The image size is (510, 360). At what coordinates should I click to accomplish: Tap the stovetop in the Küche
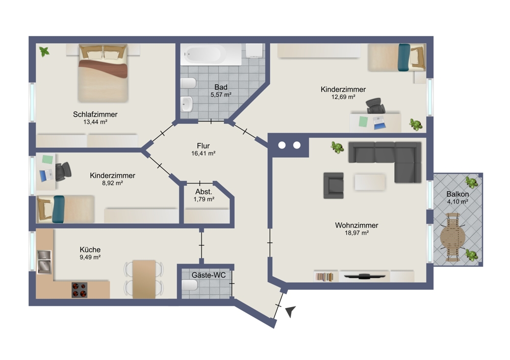(x=80, y=290)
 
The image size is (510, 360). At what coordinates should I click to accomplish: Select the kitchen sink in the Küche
(x=44, y=262)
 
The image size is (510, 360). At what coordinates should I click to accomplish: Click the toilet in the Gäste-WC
(x=190, y=285)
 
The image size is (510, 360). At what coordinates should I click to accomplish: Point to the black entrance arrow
(x=291, y=311)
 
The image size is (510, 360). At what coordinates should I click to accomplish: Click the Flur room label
(x=203, y=146)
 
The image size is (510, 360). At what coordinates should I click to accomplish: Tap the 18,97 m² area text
(x=356, y=233)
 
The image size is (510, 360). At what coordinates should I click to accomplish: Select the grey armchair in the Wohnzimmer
(x=334, y=186)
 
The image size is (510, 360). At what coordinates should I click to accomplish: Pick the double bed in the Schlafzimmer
(x=103, y=73)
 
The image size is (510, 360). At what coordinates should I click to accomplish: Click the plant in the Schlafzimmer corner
(x=44, y=52)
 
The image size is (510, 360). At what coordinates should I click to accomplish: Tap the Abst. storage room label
(x=203, y=192)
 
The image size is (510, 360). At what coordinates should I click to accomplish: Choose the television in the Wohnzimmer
(x=364, y=277)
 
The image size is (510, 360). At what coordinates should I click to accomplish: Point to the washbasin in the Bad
(x=187, y=104)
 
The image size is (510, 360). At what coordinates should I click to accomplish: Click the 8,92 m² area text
(x=113, y=183)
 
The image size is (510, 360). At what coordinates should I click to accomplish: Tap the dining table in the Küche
(x=144, y=279)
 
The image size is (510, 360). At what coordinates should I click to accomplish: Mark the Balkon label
(x=457, y=194)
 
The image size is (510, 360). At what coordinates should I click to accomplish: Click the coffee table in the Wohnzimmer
(x=370, y=182)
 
